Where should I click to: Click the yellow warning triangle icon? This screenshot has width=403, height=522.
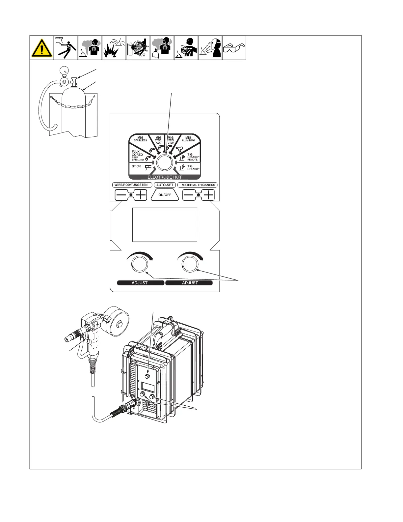[x=42, y=48]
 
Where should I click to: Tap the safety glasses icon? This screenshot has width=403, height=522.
[x=234, y=48]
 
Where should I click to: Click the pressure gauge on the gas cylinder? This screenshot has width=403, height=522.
[x=63, y=70]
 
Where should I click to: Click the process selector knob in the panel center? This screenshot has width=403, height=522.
[x=165, y=162]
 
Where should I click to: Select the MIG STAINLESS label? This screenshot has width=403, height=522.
[x=140, y=139]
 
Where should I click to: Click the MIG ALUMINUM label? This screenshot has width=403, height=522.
[x=188, y=139]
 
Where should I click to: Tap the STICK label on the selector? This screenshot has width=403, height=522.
[x=136, y=166]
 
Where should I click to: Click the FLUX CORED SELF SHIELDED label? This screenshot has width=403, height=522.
[x=138, y=156]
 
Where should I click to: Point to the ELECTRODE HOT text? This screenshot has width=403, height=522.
[x=165, y=177]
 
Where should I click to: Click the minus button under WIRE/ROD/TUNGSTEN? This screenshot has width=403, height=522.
[x=122, y=195]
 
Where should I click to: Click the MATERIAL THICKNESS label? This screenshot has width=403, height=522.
[x=198, y=185]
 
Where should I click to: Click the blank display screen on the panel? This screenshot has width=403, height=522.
[x=165, y=225]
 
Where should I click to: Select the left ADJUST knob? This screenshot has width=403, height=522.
[x=139, y=265]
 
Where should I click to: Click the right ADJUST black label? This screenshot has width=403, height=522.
[x=190, y=283]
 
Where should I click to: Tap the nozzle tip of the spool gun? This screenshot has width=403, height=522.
[x=68, y=338]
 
